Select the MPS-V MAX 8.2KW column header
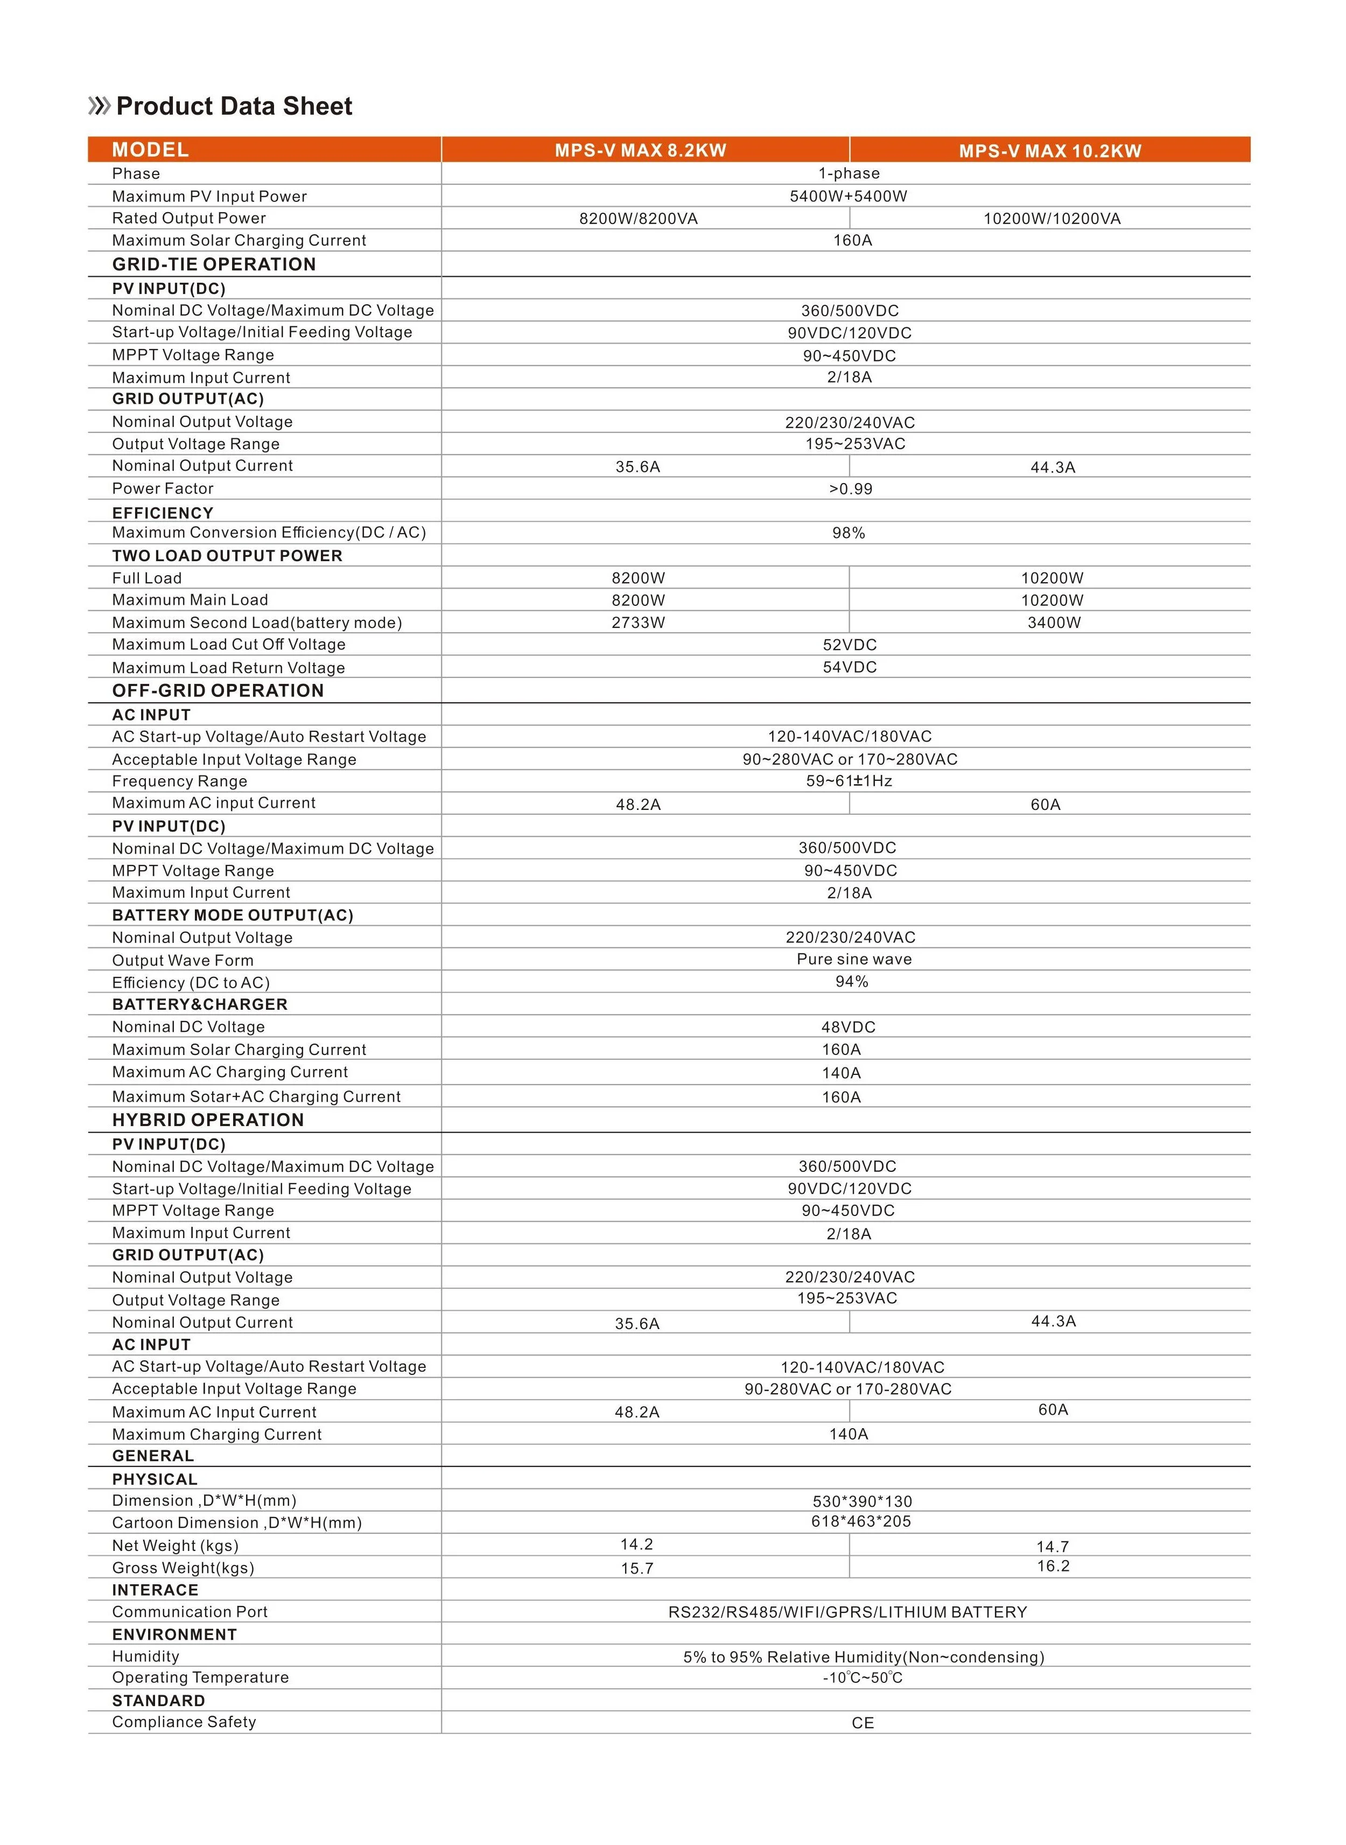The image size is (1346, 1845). pos(640,150)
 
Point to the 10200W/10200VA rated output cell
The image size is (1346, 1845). pos(1051,219)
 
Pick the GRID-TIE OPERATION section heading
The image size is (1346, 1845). pos(213,264)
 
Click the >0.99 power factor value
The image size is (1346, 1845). pos(850,489)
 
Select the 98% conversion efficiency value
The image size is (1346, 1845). pos(848,533)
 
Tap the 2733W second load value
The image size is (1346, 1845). pos(638,623)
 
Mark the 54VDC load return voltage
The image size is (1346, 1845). pos(849,667)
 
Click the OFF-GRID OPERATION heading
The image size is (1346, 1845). pos(218,691)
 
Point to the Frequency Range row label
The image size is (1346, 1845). pos(179,781)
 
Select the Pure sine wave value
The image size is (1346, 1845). pos(854,959)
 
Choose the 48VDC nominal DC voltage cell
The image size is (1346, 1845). pos(848,1028)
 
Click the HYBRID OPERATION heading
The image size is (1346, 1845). pos(208,1121)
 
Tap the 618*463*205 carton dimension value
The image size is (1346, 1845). pos(860,1521)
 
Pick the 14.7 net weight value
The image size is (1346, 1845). pos(1052,1547)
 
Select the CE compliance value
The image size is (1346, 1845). pos(862,1723)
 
